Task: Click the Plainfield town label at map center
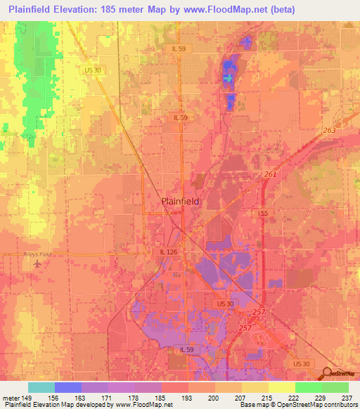click(x=181, y=200)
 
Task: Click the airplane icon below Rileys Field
click(x=37, y=265)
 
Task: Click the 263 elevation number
click(x=330, y=131)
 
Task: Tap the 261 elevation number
click(x=271, y=174)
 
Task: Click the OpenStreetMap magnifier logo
click(x=326, y=373)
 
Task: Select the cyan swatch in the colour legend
click(x=41, y=387)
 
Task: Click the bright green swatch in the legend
click(x=309, y=387)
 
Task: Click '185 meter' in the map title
click(x=121, y=9)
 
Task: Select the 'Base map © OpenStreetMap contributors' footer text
click(x=297, y=405)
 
